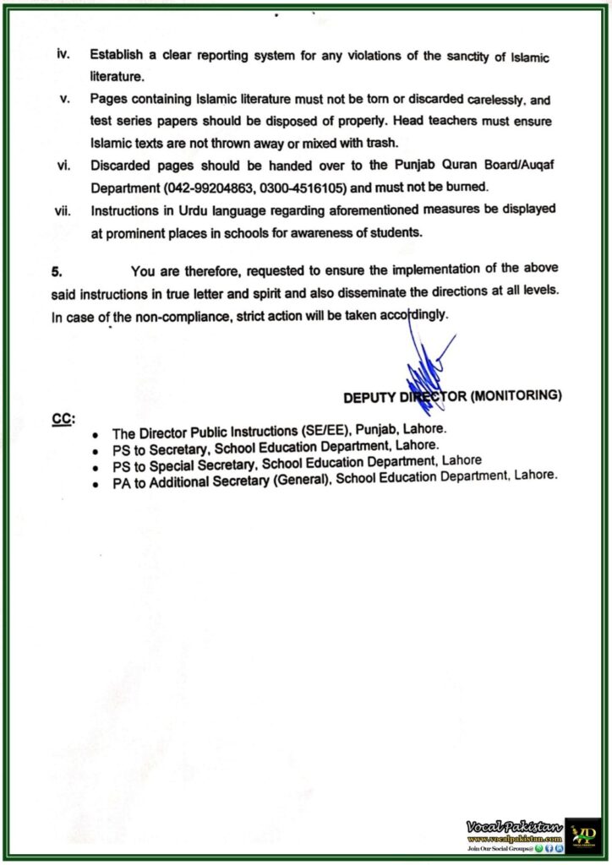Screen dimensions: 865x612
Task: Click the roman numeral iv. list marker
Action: pyautogui.click(x=63, y=54)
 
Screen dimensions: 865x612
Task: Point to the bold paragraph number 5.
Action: pyautogui.click(x=57, y=271)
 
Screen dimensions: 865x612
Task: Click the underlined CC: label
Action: pyautogui.click(x=63, y=418)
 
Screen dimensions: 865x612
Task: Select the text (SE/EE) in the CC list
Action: pyautogui.click(x=312, y=429)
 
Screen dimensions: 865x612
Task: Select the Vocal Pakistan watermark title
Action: pyautogui.click(x=512, y=824)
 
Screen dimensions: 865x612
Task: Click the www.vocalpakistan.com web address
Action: pyautogui.click(x=512, y=837)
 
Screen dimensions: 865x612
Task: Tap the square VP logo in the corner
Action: pyautogui.click(x=582, y=834)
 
